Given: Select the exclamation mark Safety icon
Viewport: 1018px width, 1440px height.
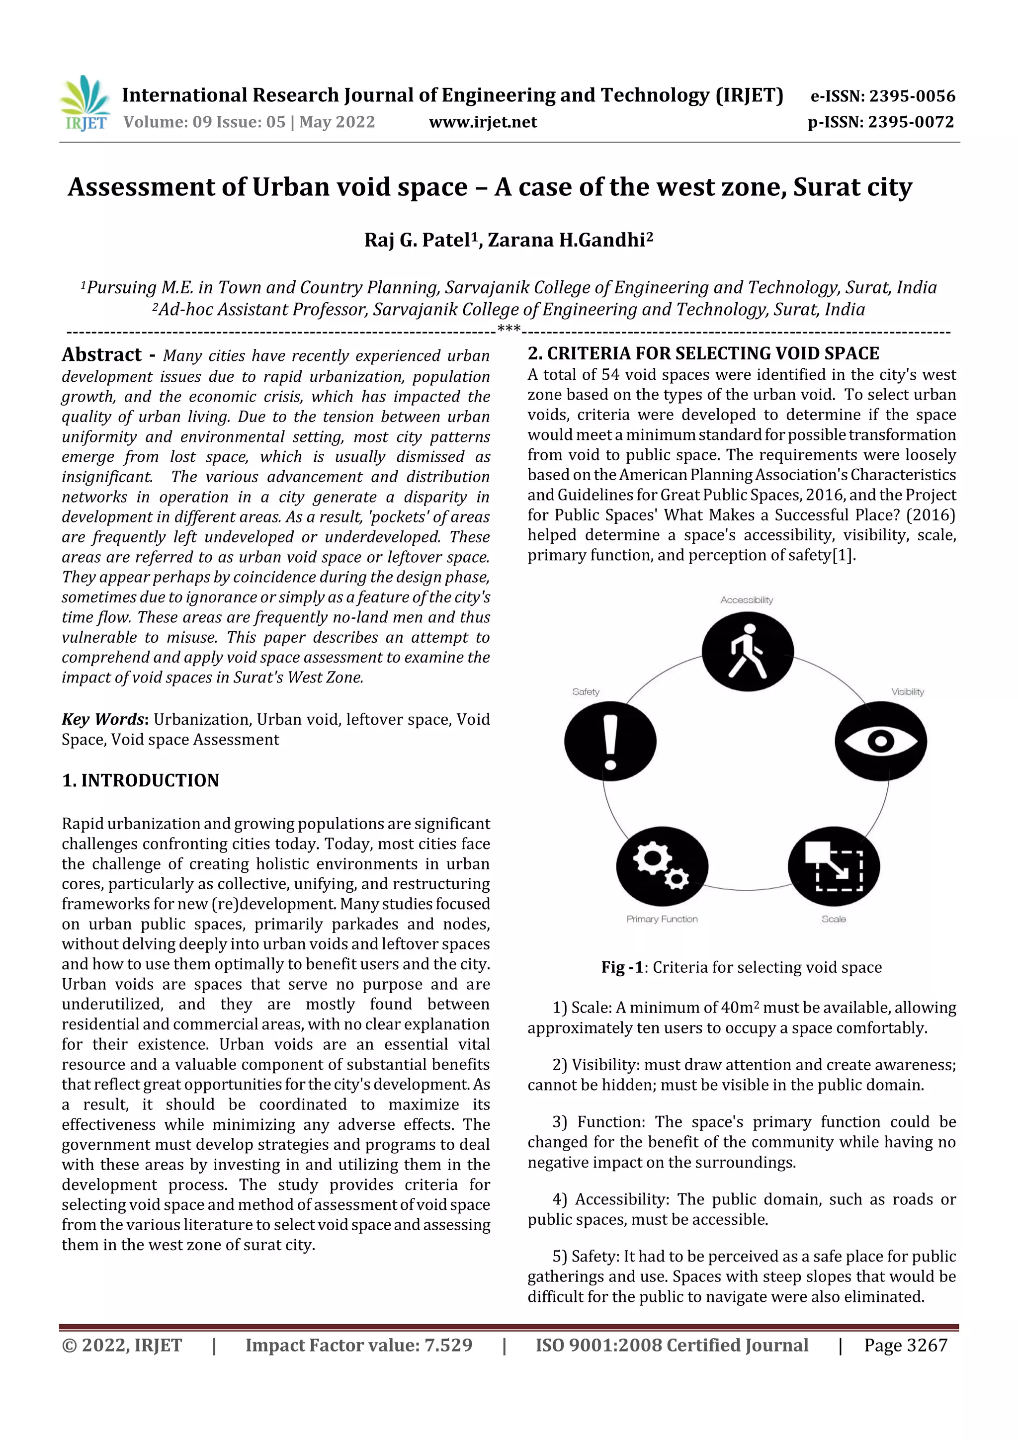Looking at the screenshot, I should pyautogui.click(x=610, y=741).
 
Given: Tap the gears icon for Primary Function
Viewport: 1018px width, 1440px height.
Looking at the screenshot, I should pyautogui.click(x=662, y=867).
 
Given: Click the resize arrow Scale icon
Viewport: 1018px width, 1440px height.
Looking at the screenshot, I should pyautogui.click(x=834, y=867).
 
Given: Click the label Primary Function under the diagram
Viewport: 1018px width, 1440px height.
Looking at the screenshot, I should pyautogui.click(x=662, y=919).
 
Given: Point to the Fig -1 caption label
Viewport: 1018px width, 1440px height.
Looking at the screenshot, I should pyautogui.click(x=622, y=967).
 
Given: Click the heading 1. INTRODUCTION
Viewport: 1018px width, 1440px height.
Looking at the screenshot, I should pyautogui.click(x=141, y=780).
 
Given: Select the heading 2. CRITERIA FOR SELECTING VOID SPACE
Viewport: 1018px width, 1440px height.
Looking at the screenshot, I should pyautogui.click(x=703, y=354).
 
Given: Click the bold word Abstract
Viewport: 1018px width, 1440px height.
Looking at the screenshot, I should pyautogui.click(x=101, y=355).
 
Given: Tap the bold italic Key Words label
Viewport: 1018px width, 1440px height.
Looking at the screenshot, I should pyautogui.click(x=104, y=719).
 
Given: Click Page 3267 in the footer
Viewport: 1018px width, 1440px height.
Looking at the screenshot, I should pyautogui.click(x=905, y=1345).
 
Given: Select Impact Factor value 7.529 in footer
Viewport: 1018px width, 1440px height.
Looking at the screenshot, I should pyautogui.click(x=359, y=1345).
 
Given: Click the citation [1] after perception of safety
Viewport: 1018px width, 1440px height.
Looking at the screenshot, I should pyautogui.click(x=843, y=555).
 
